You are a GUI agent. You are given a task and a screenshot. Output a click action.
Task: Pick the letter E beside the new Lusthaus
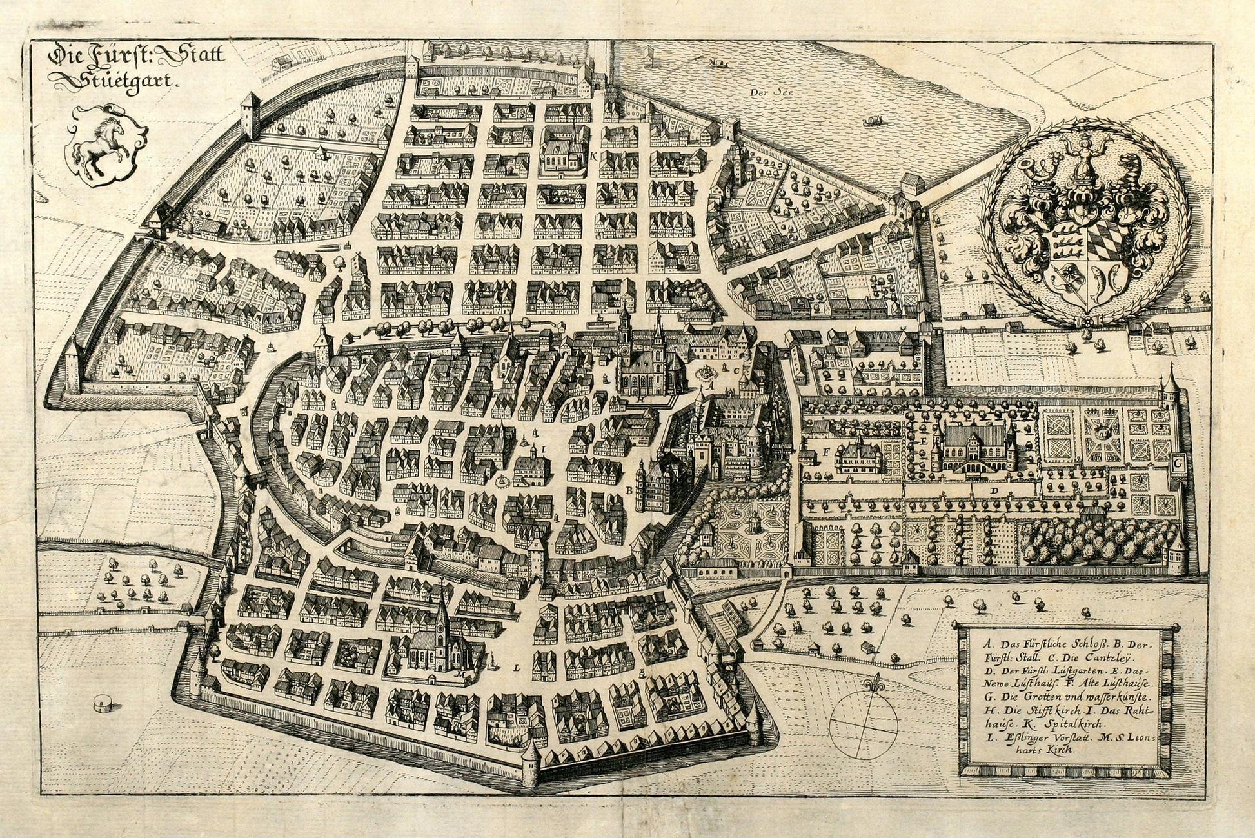924,440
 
